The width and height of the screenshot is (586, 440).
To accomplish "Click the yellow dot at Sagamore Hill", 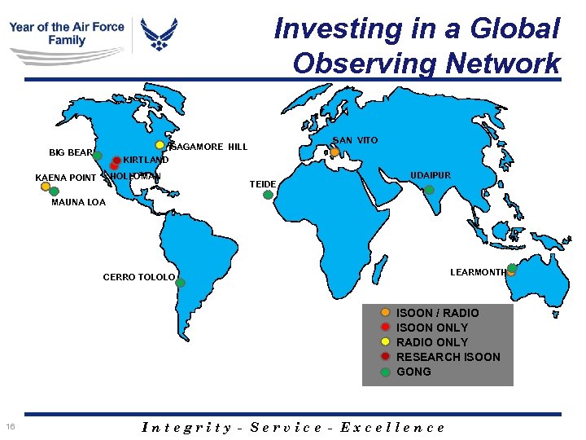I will click(x=160, y=145).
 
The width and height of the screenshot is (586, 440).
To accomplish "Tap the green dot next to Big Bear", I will click(x=97, y=155).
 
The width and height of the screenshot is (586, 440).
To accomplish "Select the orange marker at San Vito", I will click(x=335, y=152).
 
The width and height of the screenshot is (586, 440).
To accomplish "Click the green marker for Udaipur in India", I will click(x=429, y=190).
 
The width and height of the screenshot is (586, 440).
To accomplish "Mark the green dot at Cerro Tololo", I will click(x=181, y=283).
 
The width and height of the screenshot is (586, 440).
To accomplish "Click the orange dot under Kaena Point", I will click(x=46, y=186).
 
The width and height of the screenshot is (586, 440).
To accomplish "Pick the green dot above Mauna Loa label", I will click(x=54, y=191).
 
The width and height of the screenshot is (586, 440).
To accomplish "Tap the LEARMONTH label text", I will click(x=478, y=273).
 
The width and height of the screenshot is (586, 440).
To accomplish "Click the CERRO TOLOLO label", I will click(x=138, y=277).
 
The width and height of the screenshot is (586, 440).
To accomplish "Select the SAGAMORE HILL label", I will click(x=210, y=147).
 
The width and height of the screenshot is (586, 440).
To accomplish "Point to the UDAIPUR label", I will click(x=430, y=175).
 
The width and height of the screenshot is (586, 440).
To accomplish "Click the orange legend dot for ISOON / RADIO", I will click(x=385, y=313).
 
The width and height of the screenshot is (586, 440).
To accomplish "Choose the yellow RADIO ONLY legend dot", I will click(x=385, y=342).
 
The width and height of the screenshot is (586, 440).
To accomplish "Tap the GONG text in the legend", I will click(x=413, y=372).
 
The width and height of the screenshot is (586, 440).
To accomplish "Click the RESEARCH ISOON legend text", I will click(x=448, y=357).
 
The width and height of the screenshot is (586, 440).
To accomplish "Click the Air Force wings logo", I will click(x=159, y=35).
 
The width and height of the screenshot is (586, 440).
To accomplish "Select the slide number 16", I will click(x=10, y=427).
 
